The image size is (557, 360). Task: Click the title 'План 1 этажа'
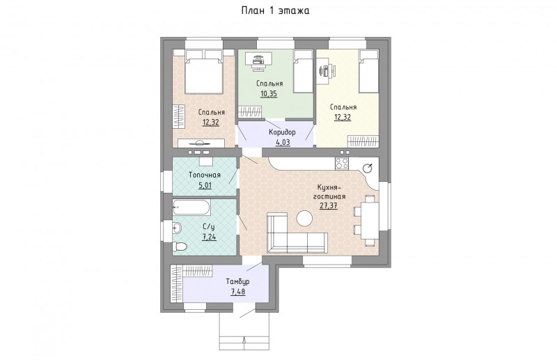tap(275, 10)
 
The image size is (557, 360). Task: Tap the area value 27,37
tap(328, 205)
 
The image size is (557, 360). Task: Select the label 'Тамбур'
tap(237, 282)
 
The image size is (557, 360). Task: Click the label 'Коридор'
tap(282, 132)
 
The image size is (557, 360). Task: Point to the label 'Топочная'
tap(205, 175)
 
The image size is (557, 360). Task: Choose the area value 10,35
tap(269, 94)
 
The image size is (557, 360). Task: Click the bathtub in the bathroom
tap(191, 208)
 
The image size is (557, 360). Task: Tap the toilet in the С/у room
tap(180, 246)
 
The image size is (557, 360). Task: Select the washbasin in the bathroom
tap(178, 227)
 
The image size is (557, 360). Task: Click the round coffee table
tap(304, 218)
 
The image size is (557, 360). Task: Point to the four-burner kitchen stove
tap(342, 164)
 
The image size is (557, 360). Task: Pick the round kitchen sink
tap(368, 169)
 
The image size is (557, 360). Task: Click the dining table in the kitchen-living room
tap(370, 221)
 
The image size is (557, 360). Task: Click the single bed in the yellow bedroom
tap(369, 71)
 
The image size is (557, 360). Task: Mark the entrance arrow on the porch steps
tap(244, 343)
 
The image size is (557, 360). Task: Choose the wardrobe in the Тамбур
tap(177, 283)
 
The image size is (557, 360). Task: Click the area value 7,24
tap(210, 237)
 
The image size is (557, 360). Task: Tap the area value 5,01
tap(204, 185)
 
